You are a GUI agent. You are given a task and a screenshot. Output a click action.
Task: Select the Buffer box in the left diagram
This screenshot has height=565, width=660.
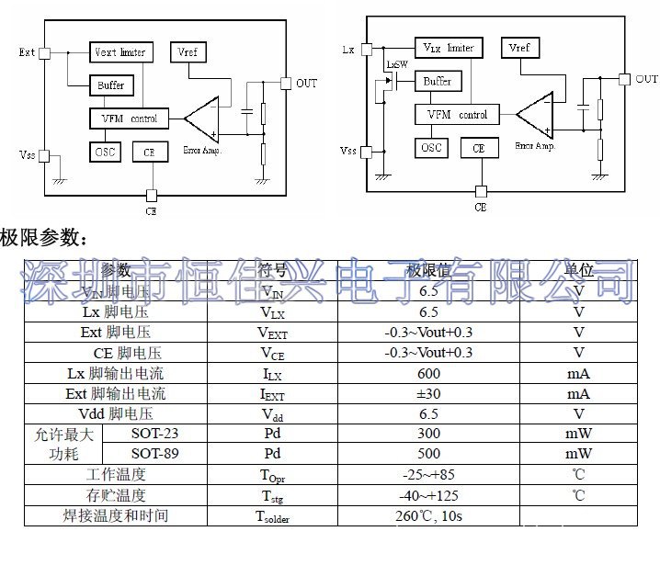click(x=111, y=85)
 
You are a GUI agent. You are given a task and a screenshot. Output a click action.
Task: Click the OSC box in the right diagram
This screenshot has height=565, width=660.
click(x=431, y=148)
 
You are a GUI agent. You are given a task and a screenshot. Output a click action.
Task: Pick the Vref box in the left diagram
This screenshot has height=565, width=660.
click(x=188, y=52)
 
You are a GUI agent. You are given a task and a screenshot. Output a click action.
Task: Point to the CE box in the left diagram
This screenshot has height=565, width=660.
click(x=150, y=152)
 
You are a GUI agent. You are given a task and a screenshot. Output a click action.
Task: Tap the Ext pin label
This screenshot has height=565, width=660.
click(x=27, y=52)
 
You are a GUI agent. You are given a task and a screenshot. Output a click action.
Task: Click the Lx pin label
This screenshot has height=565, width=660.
click(x=347, y=49)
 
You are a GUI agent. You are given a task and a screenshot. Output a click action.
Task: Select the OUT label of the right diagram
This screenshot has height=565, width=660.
click(x=647, y=79)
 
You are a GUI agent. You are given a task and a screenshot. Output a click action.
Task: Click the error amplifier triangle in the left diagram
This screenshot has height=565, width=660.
click(x=203, y=117)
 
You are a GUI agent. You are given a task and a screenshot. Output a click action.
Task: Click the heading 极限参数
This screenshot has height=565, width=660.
click(x=44, y=240)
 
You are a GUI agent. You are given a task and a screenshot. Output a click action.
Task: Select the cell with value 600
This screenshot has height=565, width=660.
click(x=428, y=373)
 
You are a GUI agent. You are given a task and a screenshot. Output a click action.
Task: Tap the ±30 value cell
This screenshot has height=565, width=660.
click(x=428, y=393)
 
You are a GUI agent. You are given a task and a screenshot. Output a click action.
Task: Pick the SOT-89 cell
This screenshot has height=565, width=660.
click(x=155, y=454)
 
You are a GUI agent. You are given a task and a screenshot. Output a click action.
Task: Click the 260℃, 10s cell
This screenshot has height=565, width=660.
click(x=428, y=515)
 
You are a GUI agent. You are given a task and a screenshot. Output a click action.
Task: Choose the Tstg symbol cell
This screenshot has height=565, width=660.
click(x=273, y=495)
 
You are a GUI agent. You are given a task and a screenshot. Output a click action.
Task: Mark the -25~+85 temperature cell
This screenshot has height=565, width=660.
click(x=428, y=474)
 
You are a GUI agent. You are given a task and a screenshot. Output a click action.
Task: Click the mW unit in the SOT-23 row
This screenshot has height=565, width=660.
click(x=578, y=434)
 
